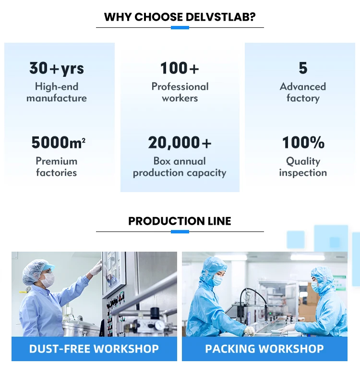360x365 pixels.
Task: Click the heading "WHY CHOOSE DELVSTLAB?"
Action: coord(180,17)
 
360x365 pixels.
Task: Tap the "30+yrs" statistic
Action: coord(57,68)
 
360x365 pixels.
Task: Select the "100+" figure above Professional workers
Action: coord(180,68)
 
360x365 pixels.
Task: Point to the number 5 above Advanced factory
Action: coord(303,68)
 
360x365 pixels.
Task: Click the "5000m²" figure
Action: coord(58,143)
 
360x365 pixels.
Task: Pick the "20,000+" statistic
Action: coord(180,143)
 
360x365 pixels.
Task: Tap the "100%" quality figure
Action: coord(303,143)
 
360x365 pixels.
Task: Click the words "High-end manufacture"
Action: coord(57,92)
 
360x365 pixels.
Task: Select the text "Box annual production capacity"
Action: coord(180,167)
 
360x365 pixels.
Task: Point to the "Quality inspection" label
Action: coord(303,167)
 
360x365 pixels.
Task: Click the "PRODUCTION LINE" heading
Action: coord(180,221)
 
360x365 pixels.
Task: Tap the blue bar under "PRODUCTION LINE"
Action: coord(180,231)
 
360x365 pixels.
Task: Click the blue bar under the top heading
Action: coord(180,28)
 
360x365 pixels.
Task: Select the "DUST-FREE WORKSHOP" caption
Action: coord(94,349)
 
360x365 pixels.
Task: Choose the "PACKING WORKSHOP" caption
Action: coord(264,349)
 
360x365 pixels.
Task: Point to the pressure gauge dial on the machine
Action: coord(159,325)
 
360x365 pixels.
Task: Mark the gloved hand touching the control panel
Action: coord(96,268)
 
